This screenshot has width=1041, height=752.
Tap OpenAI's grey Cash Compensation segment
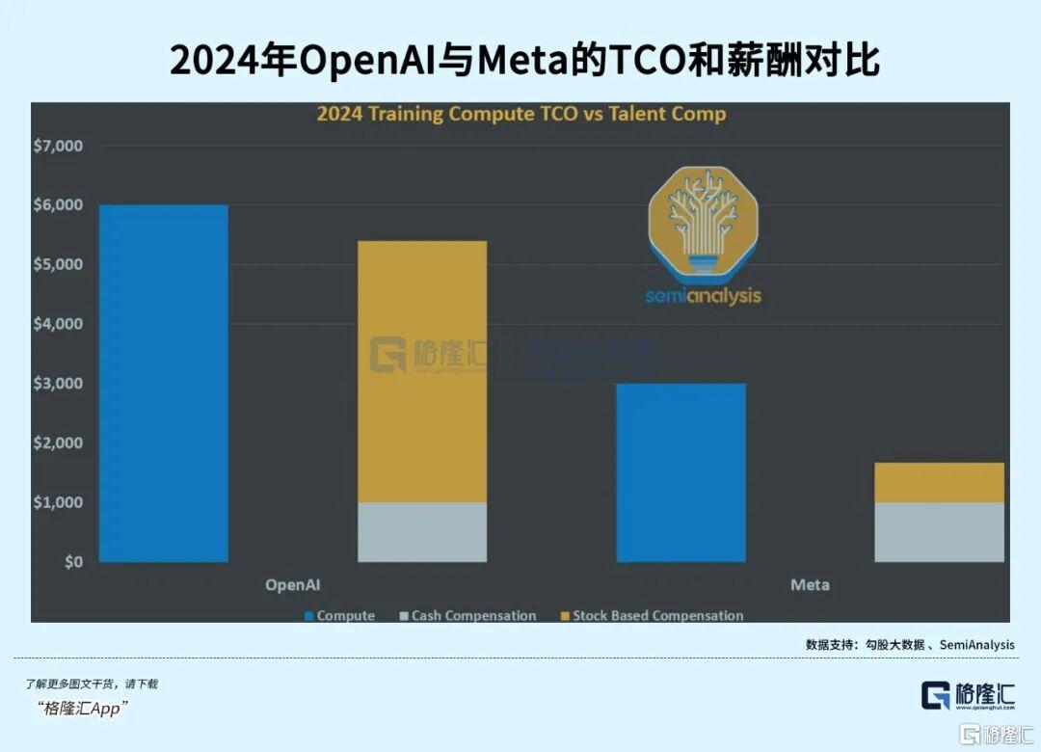click(x=422, y=531)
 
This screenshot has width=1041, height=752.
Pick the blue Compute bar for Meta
click(x=681, y=472)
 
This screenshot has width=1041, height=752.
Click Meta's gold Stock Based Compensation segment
click(x=939, y=482)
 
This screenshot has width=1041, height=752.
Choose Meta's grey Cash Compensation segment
click(x=939, y=531)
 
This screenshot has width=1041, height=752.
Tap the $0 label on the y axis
click(x=74, y=562)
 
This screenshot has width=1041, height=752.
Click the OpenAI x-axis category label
click(x=293, y=585)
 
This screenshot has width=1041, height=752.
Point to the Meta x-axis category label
click(x=810, y=585)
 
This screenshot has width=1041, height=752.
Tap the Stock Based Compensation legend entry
click(x=652, y=615)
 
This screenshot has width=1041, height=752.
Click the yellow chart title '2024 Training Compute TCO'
click(x=521, y=114)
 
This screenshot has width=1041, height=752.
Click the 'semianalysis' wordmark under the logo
click(x=703, y=296)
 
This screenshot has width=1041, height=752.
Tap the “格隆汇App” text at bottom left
click(x=85, y=709)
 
